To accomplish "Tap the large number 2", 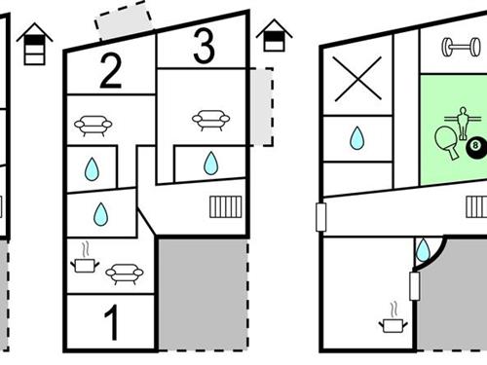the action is coord(111,71).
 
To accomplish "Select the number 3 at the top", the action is coord(204,46).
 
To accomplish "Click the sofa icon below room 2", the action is coord(94,126).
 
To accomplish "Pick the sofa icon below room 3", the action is coord(211,121).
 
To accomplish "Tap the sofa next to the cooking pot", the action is coord(125,274).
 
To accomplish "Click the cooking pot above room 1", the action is coord(85,261).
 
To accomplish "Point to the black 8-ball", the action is coord(476,146).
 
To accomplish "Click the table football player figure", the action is coord(463,124).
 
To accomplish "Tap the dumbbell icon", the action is coord(461,48).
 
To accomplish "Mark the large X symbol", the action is coord(357,79).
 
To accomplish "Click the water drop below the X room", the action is coord(356,138).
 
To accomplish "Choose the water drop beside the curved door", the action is coord(423,250).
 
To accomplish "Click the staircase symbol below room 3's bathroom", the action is coord(226,206).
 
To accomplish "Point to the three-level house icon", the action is coord(35,44).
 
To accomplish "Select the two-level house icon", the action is coord(275,35).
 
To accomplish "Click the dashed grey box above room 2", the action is coord(124,20).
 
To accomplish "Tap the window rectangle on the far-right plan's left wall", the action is coord(320,217).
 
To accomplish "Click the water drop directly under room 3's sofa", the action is coord(210,164).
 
